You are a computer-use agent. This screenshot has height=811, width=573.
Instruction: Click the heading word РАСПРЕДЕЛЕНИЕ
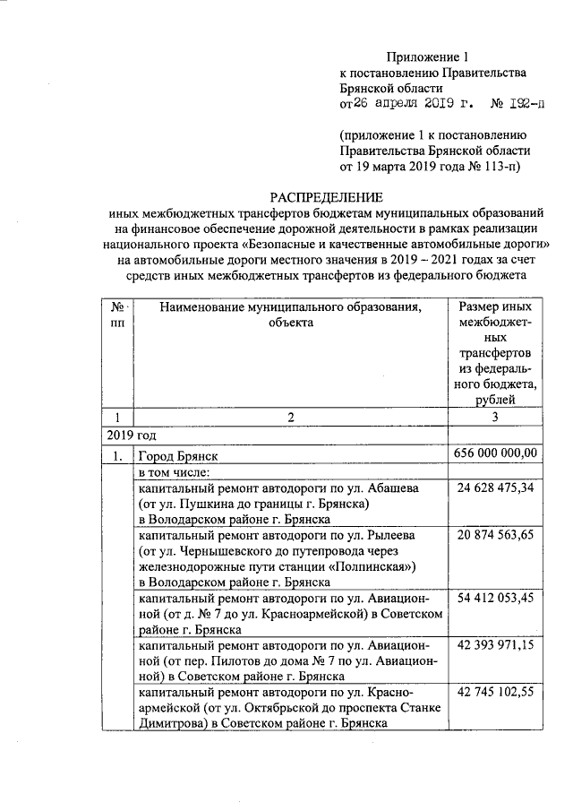click(x=327, y=197)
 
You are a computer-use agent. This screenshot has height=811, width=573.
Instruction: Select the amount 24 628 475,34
click(x=497, y=487)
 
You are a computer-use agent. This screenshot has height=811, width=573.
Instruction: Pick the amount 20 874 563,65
click(x=497, y=535)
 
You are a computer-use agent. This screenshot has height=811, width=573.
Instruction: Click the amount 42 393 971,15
click(x=497, y=645)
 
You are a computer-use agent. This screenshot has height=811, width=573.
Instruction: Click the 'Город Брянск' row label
click(x=177, y=455)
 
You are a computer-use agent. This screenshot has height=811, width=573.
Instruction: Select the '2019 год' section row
click(x=125, y=435)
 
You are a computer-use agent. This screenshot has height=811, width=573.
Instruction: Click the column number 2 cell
click(x=290, y=417)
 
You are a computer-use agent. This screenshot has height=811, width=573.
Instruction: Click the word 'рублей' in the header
click(x=497, y=399)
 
